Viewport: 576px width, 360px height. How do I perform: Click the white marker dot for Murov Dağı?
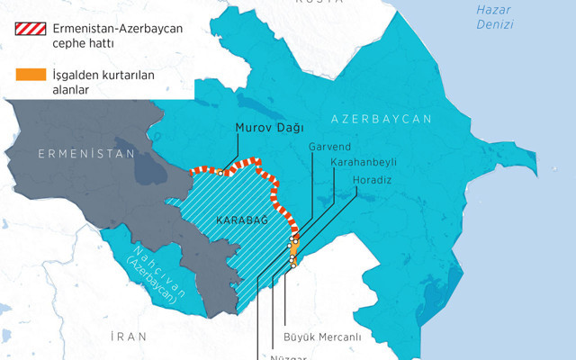point(221,172)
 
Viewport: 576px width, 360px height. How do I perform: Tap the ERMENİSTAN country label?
point(79,155)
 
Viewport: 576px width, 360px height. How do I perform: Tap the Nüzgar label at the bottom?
point(289,355)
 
